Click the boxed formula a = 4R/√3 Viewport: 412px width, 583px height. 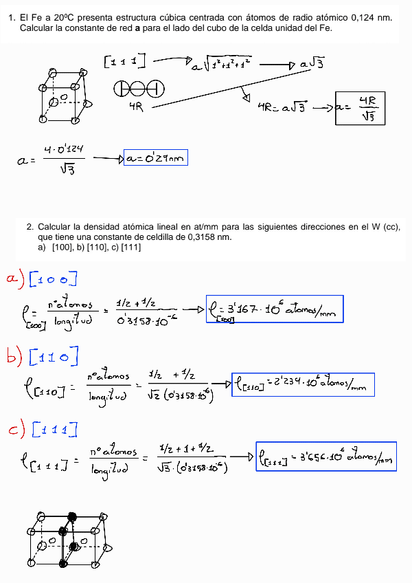click(x=360, y=108)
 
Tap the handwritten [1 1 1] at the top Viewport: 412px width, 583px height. click(x=125, y=62)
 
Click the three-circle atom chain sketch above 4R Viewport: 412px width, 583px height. click(x=138, y=89)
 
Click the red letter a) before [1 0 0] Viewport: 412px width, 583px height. click(x=15, y=278)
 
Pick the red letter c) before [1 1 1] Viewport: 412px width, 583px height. click(x=15, y=430)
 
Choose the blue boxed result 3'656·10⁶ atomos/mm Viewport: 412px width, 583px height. click(x=326, y=456)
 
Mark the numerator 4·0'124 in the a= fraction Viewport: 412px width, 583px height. click(x=67, y=149)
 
